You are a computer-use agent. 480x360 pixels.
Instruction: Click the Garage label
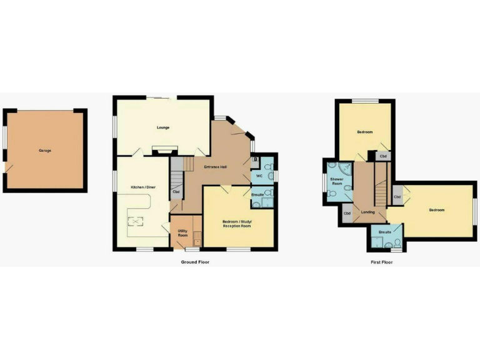click(45, 151)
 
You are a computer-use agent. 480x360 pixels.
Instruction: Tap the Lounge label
click(163, 128)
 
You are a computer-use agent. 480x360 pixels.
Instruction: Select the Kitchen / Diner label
click(141, 187)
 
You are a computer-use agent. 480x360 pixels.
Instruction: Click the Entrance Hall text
click(215, 167)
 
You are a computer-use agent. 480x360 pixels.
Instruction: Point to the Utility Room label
click(182, 233)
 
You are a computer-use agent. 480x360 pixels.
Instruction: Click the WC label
click(259, 176)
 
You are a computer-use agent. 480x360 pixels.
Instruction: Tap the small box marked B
click(255, 160)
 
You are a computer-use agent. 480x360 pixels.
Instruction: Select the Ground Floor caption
click(196, 262)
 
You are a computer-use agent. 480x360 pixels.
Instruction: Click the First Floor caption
click(382, 262)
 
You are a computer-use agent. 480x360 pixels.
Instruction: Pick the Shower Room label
click(336, 181)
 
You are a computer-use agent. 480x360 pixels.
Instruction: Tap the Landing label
click(368, 212)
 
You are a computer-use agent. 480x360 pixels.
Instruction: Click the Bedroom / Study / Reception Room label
click(237, 224)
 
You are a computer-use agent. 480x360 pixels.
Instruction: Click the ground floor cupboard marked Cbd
click(176, 192)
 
